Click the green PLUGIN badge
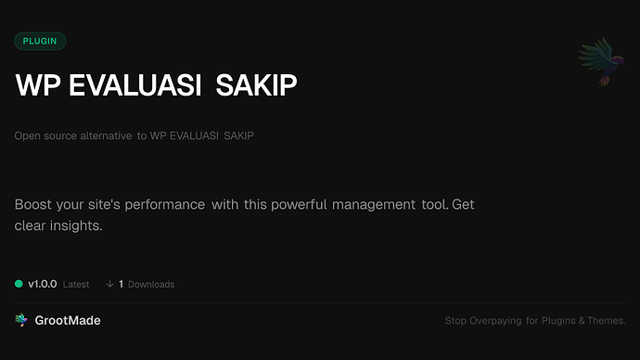click(x=40, y=41)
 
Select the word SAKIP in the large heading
click(x=256, y=85)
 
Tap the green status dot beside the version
click(x=19, y=284)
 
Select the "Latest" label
click(x=76, y=284)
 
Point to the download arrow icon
click(x=109, y=284)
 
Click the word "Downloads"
click(x=151, y=284)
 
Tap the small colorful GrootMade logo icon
click(x=21, y=320)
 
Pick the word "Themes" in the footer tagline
click(x=607, y=321)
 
